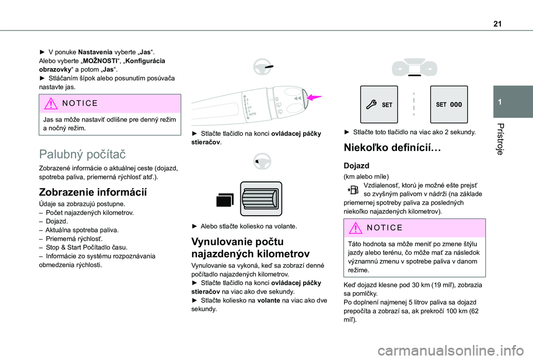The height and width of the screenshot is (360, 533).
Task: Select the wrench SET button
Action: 379,104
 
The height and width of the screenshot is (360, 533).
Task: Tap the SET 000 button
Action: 449,104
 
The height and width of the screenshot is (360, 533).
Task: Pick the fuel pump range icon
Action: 354,190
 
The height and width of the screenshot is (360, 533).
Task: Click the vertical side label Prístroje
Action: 502,139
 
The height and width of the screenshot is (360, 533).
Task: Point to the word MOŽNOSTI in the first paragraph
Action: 115,60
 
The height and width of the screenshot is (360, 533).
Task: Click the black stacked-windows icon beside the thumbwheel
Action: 225,201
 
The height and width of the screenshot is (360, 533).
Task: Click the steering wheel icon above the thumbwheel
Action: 260,163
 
